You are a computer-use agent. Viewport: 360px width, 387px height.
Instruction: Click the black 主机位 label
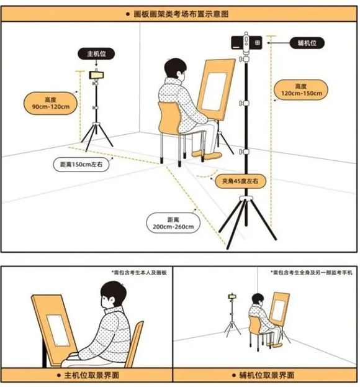point(96,54)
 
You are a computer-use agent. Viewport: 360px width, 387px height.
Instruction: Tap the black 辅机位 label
point(307,43)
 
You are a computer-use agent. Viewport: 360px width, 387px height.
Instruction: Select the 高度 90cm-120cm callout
point(50,103)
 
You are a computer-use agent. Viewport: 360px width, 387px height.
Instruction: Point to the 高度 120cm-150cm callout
point(301,89)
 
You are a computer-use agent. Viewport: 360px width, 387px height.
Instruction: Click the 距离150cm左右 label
point(81,165)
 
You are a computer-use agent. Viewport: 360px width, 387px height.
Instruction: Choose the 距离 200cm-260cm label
point(173,223)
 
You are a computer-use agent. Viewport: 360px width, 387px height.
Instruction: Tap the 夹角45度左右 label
point(240,181)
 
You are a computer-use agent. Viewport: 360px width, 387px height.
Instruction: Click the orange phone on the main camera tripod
point(96,75)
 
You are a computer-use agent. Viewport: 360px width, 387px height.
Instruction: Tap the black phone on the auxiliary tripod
point(246,43)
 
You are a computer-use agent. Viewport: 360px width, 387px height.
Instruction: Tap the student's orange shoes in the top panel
point(207,155)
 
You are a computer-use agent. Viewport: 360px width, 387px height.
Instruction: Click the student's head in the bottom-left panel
point(114,295)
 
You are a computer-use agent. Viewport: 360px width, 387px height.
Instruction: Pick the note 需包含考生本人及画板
point(140,273)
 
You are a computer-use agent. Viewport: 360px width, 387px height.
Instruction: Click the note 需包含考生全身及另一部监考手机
point(312,273)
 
